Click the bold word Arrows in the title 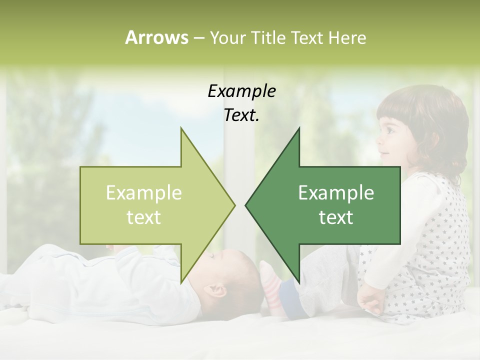156,37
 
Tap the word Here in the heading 347,37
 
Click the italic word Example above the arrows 241,91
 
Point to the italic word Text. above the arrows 241,115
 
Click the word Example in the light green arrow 144,193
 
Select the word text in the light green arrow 144,217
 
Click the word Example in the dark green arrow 336,193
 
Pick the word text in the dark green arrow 336,217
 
